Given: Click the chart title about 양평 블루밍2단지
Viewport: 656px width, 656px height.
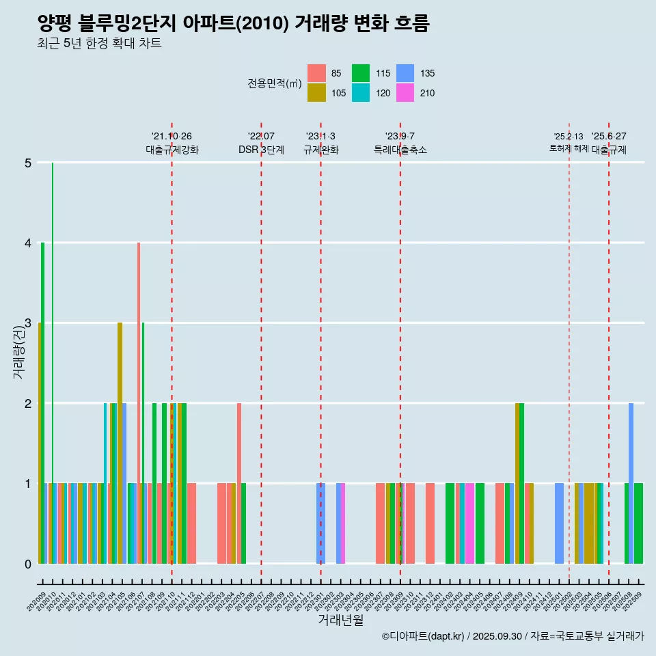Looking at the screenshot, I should coord(233,24).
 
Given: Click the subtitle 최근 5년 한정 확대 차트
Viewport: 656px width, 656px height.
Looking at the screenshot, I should coord(100,44).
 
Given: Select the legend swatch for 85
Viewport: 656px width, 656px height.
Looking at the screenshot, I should coord(316,73).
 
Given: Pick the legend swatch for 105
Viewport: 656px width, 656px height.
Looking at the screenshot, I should coord(316,93).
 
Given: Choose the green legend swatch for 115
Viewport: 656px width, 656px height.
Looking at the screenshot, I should coord(361,73).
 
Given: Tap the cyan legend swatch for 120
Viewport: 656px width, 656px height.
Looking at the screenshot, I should coord(361,93).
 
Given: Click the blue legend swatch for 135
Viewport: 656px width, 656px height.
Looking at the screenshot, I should coord(405,73).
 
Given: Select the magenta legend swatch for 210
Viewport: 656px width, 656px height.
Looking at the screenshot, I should coord(405,93).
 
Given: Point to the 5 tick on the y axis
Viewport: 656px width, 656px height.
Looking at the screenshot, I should coord(28,163).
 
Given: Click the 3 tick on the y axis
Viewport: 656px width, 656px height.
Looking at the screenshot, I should coord(28,323).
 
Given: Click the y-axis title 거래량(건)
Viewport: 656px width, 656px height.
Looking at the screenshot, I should coord(18,353).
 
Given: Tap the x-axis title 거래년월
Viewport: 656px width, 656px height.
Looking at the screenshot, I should coord(340,620).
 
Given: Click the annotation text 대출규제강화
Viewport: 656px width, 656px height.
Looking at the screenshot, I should coord(172,150).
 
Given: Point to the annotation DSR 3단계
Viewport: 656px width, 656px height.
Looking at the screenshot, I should coord(261,150).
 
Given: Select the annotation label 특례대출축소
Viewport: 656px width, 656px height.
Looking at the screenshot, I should coord(400,150).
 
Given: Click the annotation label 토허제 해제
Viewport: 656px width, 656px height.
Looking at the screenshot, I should coord(569,148).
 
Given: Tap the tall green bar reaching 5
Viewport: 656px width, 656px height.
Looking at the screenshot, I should coord(53,362).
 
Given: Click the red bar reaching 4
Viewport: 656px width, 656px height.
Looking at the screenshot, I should coord(139,403).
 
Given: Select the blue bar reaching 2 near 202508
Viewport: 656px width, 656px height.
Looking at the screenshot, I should coord(631,483).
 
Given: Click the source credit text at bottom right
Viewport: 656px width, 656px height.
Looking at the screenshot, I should coord(512,636).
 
